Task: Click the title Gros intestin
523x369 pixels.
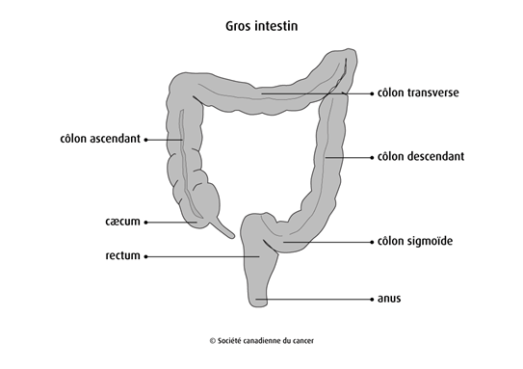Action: pyautogui.click(x=260, y=26)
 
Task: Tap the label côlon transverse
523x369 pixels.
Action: pyautogui.click(x=421, y=93)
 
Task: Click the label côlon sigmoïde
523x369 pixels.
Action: pyautogui.click(x=416, y=241)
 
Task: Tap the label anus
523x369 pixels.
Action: pyautogui.click(x=389, y=300)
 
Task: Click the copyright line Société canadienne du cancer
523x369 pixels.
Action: pyautogui.click(x=262, y=340)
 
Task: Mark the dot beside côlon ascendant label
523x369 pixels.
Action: pyautogui.click(x=145, y=140)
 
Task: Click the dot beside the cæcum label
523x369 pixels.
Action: pyautogui.click(x=145, y=223)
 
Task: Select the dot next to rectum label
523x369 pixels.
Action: pyautogui.click(x=145, y=256)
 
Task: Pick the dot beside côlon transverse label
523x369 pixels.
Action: pyautogui.click(x=372, y=93)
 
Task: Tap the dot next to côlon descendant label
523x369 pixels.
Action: pyautogui.click(x=372, y=156)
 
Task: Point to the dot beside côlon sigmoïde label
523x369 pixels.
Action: pyautogui.click(x=372, y=241)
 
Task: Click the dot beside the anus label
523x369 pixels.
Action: pyautogui.click(x=372, y=300)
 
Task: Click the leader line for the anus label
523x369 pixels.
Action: pyautogui.click(x=318, y=300)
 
